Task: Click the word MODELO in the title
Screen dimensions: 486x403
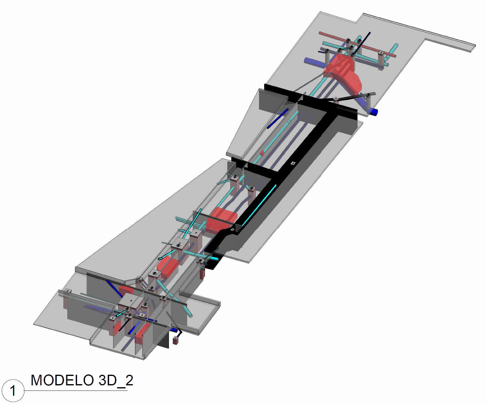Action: pos(62,380)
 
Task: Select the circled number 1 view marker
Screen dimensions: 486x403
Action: pos(13,391)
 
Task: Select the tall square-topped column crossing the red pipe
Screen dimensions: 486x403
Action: pos(381,61)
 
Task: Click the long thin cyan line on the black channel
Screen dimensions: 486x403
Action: pos(259,205)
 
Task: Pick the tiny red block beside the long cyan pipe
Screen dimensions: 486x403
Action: pos(262,153)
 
